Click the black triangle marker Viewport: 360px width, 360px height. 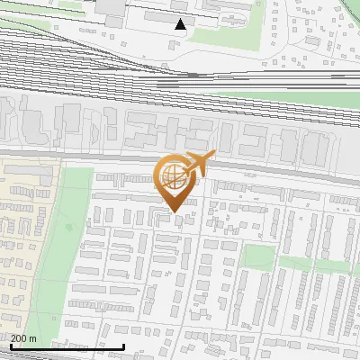(x=181, y=24)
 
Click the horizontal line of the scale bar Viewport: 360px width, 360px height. (x=67, y=346)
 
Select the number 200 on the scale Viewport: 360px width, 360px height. (x=19, y=338)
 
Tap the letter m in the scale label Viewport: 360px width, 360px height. (x=33, y=338)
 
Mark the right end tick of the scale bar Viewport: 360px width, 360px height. (x=124, y=345)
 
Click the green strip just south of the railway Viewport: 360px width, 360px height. (x=270, y=97)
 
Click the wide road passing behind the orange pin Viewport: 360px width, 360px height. (x=270, y=174)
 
